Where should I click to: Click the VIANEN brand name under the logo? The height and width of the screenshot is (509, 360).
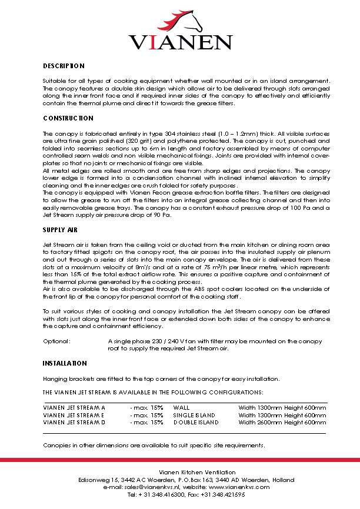pyautogui.click(x=181, y=42)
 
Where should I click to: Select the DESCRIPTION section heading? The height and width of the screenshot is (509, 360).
pyautogui.click(x=64, y=66)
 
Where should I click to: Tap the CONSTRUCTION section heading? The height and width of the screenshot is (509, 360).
pyautogui.click(x=68, y=118)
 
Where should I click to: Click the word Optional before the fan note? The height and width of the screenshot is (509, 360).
pyautogui.click(x=57, y=341)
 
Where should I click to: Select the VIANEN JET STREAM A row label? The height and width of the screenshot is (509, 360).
pyautogui.click(x=74, y=407)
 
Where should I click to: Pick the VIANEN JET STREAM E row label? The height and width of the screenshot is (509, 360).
pyautogui.click(x=74, y=414)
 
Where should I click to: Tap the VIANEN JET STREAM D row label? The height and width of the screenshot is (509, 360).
pyautogui.click(x=74, y=422)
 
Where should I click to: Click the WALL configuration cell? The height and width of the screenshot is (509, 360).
pyautogui.click(x=181, y=407)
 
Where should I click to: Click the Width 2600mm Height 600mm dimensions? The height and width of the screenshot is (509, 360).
pyautogui.click(x=282, y=422)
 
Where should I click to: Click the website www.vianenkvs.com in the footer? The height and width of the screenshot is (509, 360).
pyautogui.click(x=239, y=487)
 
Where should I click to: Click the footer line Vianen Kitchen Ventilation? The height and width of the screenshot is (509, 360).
pyautogui.click(x=197, y=472)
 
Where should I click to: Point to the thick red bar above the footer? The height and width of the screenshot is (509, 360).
pyautogui.click(x=180, y=460)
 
